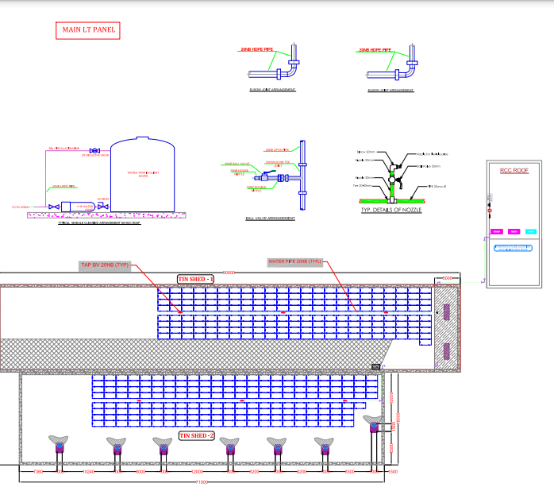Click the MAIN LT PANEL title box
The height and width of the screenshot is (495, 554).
pyautogui.click(x=87, y=31)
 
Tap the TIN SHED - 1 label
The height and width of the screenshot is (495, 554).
pyautogui.click(x=195, y=279)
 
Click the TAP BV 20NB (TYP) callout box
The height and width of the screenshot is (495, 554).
pyautogui.click(x=104, y=265)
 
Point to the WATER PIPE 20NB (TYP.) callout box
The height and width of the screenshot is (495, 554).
pyautogui.click(x=295, y=261)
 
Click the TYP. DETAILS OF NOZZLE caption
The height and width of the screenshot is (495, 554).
pyautogui.click(x=391, y=210)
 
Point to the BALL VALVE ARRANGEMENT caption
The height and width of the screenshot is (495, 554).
pyautogui.click(x=271, y=217)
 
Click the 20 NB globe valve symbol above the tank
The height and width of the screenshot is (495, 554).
pyautogui.click(x=94, y=151)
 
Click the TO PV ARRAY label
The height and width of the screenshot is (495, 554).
pyautogui.click(x=21, y=207)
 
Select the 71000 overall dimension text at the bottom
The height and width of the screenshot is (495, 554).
pyautogui.click(x=202, y=482)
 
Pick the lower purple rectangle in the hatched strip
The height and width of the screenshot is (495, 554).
pyautogui.click(x=445, y=350)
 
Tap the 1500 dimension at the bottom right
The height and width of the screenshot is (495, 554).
pyautogui.click(x=394, y=472)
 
